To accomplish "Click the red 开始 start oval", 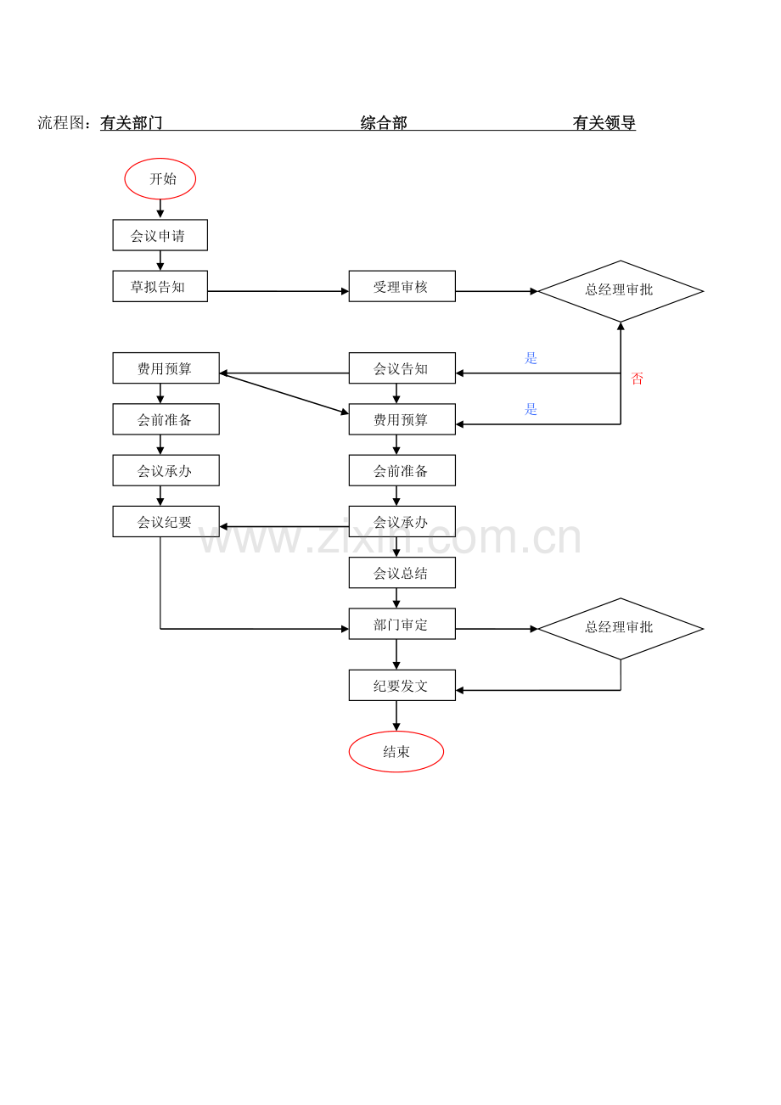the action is [x=160, y=178].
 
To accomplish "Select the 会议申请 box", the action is [x=160, y=235].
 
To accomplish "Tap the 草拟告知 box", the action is [x=160, y=286].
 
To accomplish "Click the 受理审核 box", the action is [x=402, y=286].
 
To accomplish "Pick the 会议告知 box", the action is [x=402, y=368].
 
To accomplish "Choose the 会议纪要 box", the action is [x=166, y=521].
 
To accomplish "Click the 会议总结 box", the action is [x=402, y=573].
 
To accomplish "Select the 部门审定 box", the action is [x=402, y=624].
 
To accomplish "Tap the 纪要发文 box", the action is [x=402, y=685].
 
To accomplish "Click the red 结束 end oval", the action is [x=396, y=751].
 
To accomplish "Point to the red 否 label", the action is [x=637, y=379].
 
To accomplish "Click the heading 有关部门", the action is [x=132, y=122].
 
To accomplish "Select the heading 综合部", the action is [x=384, y=122].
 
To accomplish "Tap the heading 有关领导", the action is [x=604, y=122].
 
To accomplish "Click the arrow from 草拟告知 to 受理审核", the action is [x=278, y=291].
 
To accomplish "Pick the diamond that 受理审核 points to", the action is [x=621, y=291].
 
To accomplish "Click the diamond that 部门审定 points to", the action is [x=621, y=629].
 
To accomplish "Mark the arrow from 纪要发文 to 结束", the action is [x=396, y=715].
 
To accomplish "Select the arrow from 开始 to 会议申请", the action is [x=160, y=209].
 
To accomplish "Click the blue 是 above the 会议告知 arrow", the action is [x=531, y=358].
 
